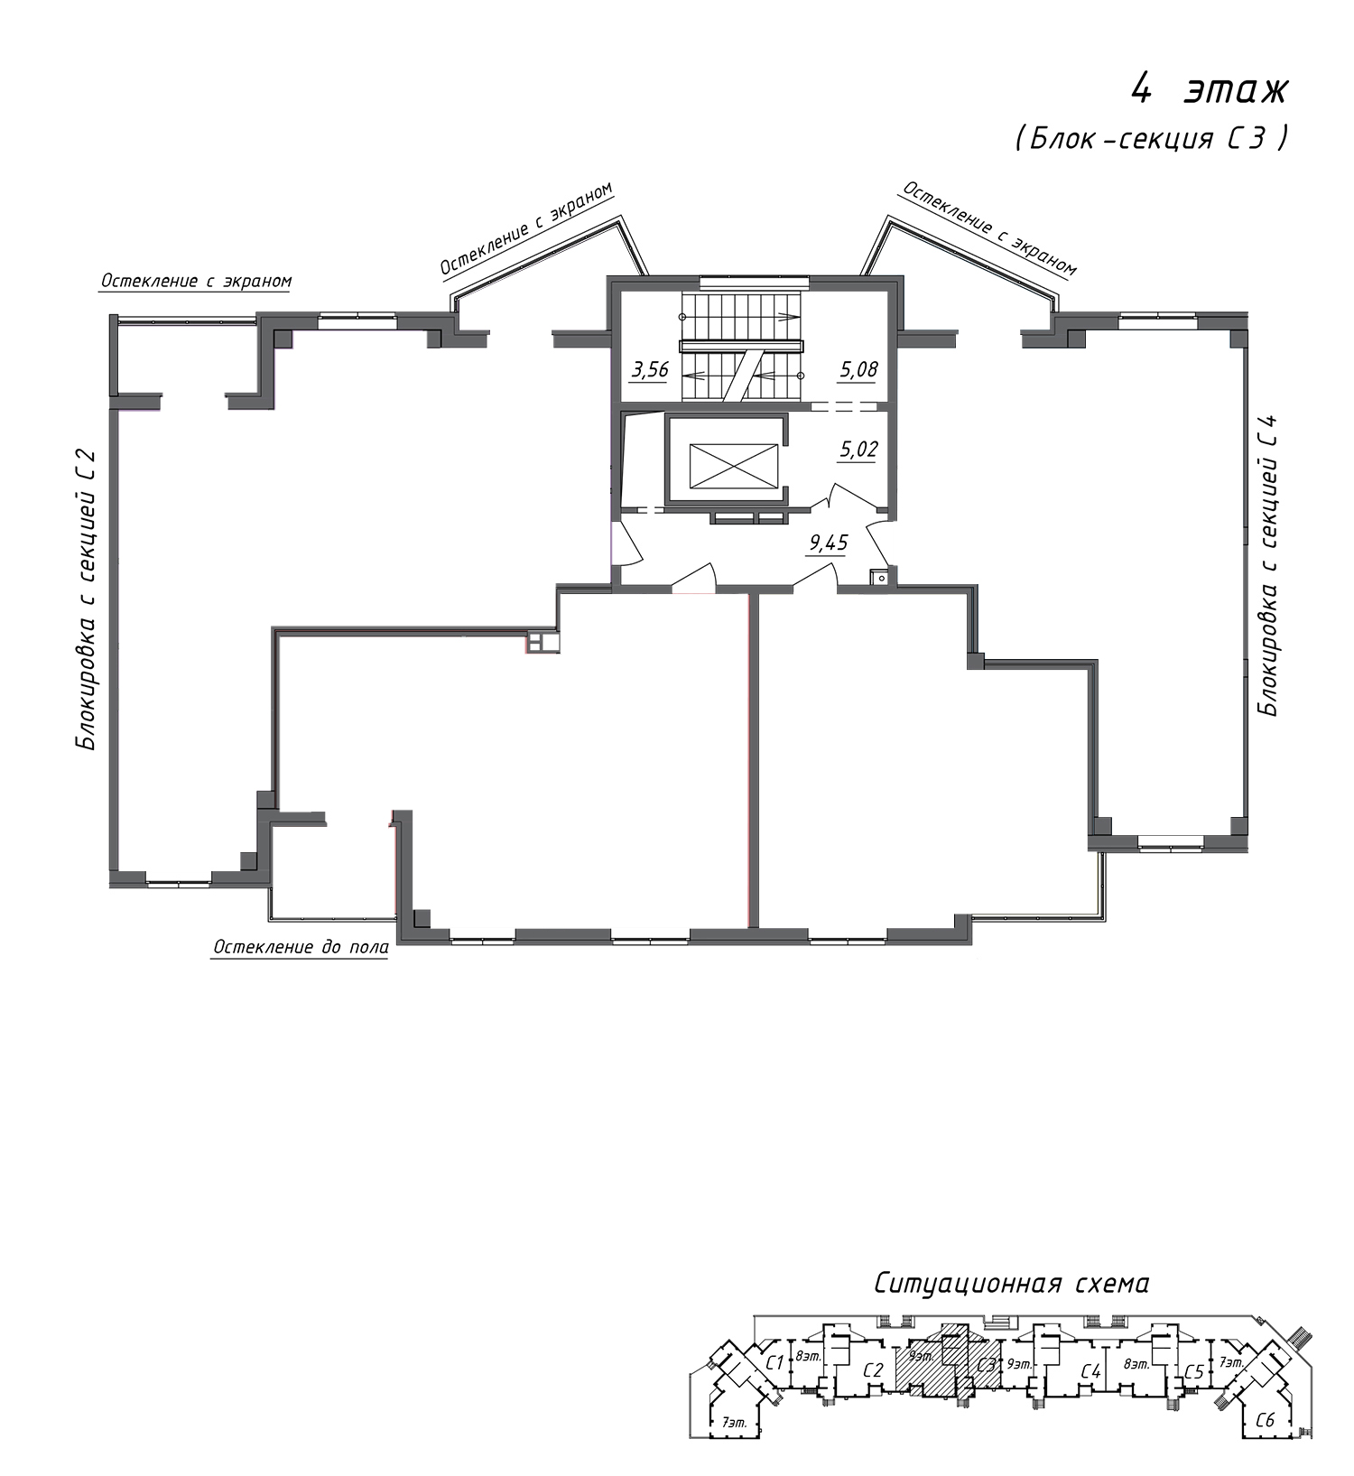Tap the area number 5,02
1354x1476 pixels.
pos(858,450)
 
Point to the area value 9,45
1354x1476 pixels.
pos(829,543)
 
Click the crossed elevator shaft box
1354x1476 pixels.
pos(733,465)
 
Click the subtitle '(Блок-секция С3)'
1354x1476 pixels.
pos(1150,138)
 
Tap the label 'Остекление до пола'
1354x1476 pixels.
pos(301,947)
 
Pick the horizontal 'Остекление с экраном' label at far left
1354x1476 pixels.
pos(197,281)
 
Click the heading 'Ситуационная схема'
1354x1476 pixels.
pos(1011,1284)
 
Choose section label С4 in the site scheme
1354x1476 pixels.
pos(1091,1372)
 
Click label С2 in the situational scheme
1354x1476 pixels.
pos(872,1369)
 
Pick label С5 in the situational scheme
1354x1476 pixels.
pos(1193,1371)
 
